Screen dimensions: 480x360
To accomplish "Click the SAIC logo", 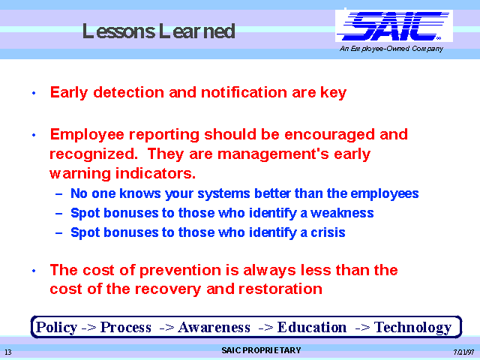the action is (x=394, y=26).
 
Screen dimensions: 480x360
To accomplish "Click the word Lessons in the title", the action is (x=118, y=31).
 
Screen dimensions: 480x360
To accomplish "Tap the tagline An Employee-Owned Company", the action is (x=391, y=49).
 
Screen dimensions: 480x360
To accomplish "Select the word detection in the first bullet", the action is (x=128, y=92).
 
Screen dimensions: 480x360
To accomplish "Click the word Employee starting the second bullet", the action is (x=87, y=135).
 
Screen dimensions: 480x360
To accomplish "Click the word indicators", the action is (x=155, y=173).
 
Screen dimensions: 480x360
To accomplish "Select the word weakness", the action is (x=342, y=213).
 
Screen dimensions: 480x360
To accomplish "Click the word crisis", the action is (x=328, y=232).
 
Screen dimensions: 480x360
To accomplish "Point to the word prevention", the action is (x=180, y=270).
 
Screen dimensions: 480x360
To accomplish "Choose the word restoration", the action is (x=280, y=289).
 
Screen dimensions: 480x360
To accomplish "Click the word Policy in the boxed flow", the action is (x=57, y=327).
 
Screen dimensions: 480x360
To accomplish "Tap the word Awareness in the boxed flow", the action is (x=214, y=327).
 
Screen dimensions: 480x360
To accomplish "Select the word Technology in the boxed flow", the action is (x=413, y=327).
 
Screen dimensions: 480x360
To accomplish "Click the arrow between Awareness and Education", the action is (x=265, y=328).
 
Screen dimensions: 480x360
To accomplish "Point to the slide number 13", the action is (x=8, y=352).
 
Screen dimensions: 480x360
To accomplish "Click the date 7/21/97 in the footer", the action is (x=463, y=352).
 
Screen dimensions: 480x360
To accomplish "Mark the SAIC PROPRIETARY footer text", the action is (x=261, y=350).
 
